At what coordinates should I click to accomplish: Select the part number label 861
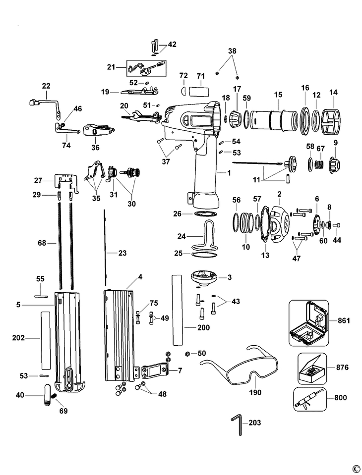pos(344,320)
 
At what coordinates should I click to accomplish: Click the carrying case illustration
pos(308,323)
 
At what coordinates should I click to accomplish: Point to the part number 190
pos(255,392)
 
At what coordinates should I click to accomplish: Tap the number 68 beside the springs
pos(42,243)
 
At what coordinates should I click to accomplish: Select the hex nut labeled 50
pos(187,353)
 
